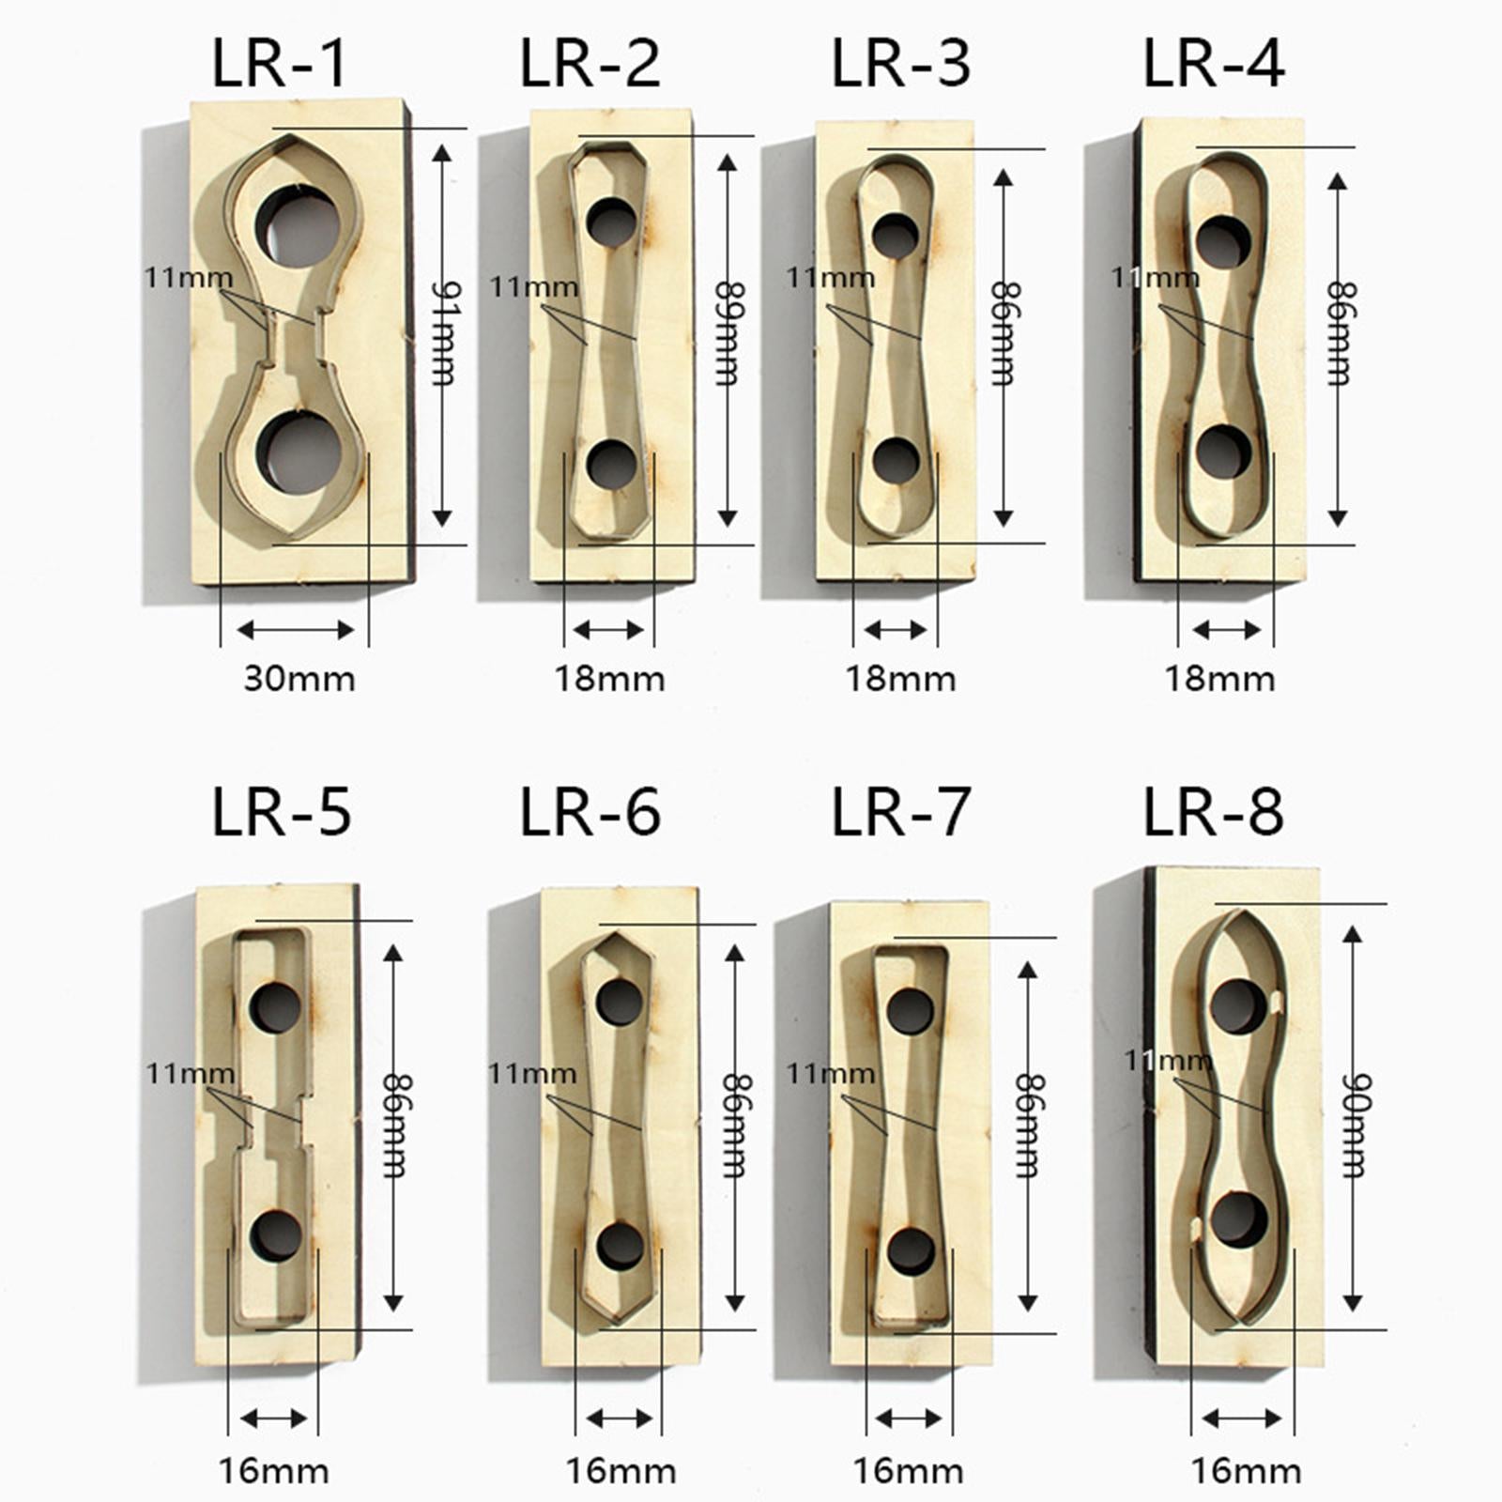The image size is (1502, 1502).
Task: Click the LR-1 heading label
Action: pyautogui.click(x=280, y=64)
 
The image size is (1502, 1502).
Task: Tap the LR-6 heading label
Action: pyautogui.click(x=590, y=811)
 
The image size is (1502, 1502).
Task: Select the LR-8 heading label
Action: pyautogui.click(x=1213, y=811)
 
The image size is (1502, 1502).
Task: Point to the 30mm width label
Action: pyautogui.click(x=299, y=679)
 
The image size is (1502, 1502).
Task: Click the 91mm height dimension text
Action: pyautogui.click(x=442, y=332)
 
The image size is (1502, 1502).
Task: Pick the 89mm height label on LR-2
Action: pyautogui.click(x=728, y=332)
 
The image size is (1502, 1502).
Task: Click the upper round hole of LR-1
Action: pyautogui.click(x=298, y=225)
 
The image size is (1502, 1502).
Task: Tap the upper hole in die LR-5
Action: pyautogui.click(x=276, y=1007)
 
